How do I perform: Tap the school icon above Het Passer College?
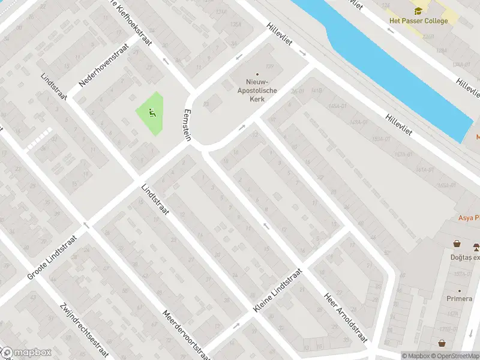418,10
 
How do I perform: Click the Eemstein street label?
187,124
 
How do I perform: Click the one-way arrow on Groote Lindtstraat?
86,226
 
